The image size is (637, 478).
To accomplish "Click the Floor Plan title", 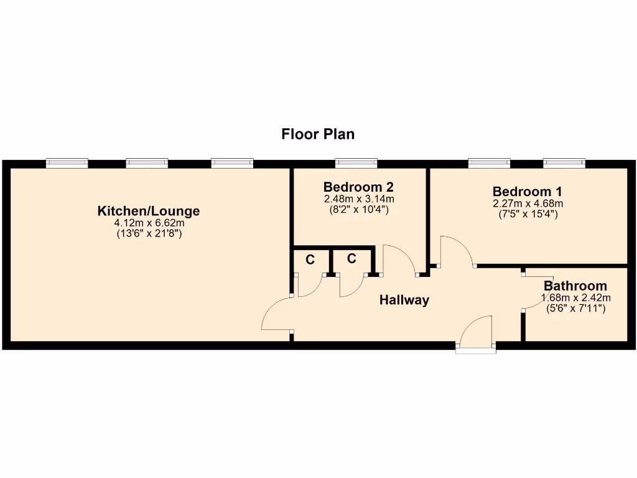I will click(318, 134).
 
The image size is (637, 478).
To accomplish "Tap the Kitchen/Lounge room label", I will click(149, 211).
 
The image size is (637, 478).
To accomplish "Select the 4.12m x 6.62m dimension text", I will click(149, 223).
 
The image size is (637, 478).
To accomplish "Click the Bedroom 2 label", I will click(358, 187).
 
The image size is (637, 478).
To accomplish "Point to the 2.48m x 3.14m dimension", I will click(358, 199).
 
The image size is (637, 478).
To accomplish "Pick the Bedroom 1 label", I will click(528, 191).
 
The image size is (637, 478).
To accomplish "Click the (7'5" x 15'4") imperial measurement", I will click(528, 214).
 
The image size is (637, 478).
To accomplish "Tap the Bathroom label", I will click(575, 286).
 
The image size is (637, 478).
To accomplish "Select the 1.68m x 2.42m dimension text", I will click(575, 297).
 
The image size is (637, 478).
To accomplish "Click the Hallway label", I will click(404, 300).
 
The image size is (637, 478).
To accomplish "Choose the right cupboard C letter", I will click(351, 258).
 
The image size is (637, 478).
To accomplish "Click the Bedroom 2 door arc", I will click(398, 258).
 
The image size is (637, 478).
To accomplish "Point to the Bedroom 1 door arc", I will click(456, 250).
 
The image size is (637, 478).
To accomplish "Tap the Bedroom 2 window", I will click(356, 163).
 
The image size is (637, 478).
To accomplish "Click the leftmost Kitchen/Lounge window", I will click(67, 163).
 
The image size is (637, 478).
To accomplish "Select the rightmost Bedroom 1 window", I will click(564, 163).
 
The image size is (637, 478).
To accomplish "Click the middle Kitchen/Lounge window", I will click(147, 163).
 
